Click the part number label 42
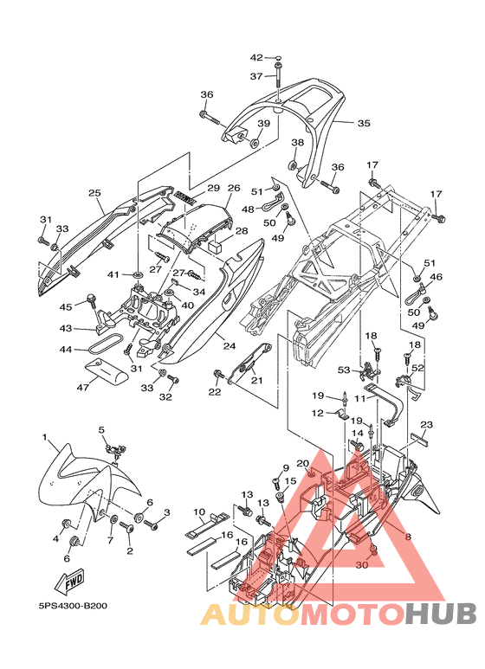[x=256, y=58]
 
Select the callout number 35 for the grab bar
[x=364, y=123]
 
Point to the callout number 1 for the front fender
[x=45, y=437]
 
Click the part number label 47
[x=83, y=388]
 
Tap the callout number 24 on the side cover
[x=230, y=346]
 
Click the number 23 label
[x=426, y=425]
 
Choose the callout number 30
[x=362, y=565]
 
